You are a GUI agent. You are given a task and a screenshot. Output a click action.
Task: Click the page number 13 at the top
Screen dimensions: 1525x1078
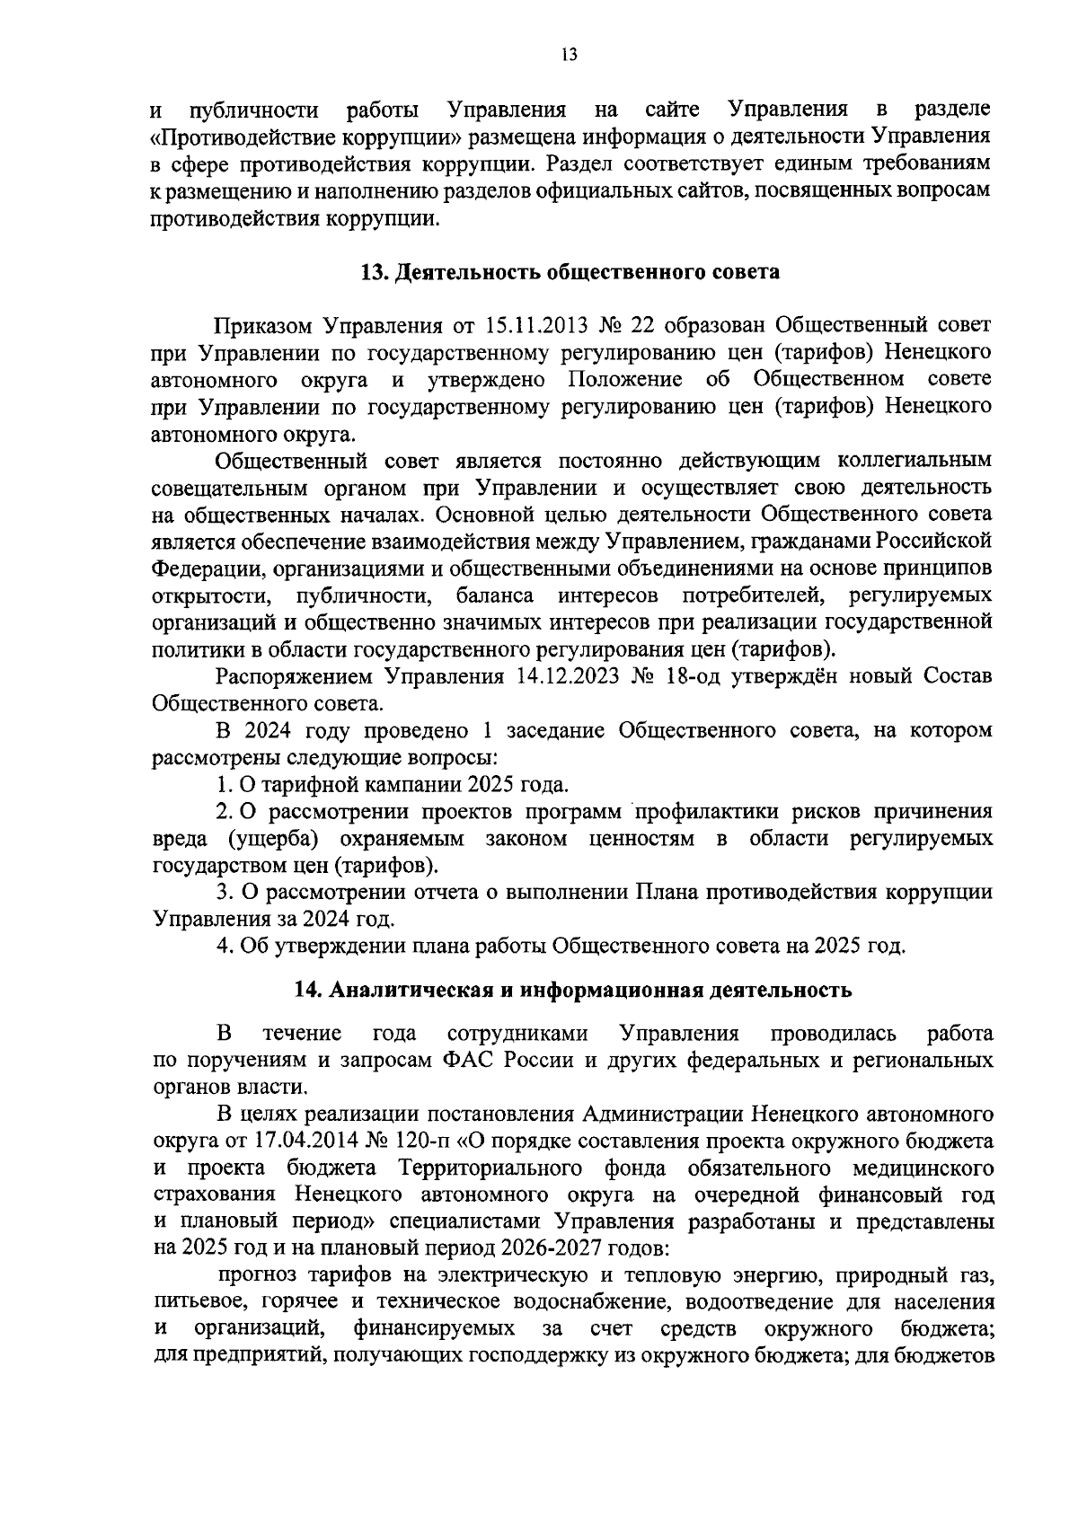coord(568,55)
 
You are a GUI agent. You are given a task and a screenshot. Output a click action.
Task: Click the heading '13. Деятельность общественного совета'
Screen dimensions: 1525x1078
coord(570,272)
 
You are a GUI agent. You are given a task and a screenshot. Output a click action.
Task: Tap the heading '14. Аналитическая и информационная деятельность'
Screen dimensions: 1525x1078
coord(572,990)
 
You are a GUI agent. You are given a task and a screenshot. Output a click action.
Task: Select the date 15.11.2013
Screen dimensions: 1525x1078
coord(545,324)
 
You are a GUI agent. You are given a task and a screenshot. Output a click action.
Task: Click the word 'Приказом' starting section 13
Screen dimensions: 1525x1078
coord(263,324)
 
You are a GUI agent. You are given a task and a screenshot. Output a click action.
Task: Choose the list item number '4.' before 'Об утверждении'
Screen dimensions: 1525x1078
coord(225,946)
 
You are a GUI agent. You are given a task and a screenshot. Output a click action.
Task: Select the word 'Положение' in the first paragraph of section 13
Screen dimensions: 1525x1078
coord(624,378)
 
